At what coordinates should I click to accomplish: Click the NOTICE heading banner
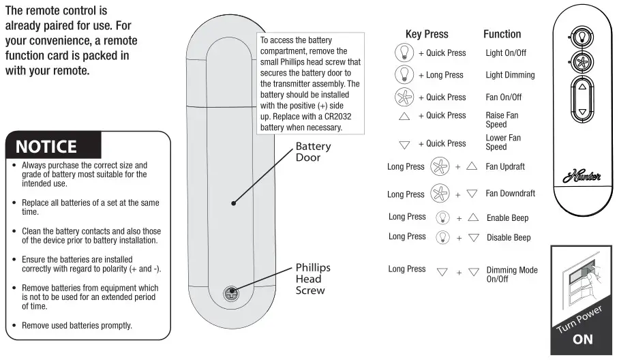(x=46, y=147)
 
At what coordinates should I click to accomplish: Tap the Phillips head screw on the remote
(x=232, y=294)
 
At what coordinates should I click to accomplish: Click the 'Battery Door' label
(x=313, y=152)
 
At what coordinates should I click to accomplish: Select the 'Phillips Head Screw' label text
(x=313, y=279)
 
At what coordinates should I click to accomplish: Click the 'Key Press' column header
(x=427, y=34)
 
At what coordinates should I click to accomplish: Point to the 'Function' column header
(x=502, y=34)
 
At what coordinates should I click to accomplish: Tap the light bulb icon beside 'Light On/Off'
(x=404, y=52)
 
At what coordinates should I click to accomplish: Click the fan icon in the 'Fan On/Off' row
(x=404, y=97)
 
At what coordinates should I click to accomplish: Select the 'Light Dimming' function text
(x=510, y=75)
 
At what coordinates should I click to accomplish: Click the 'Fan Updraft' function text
(x=505, y=166)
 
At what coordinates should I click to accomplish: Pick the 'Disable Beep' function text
(x=509, y=238)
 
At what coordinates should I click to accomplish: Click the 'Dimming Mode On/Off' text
(x=511, y=275)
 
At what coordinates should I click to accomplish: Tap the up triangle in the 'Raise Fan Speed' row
(x=404, y=117)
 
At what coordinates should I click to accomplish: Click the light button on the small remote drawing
(x=582, y=37)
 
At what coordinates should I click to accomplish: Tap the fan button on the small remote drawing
(x=582, y=61)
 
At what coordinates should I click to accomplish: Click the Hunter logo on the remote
(x=582, y=178)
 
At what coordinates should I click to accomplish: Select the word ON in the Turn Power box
(x=583, y=339)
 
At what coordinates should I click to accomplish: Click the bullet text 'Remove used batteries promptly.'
(x=76, y=326)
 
